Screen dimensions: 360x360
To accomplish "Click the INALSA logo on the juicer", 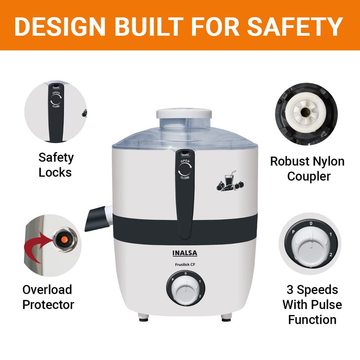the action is pos(185,253).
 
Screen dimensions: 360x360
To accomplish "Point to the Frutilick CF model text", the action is pos(185,264).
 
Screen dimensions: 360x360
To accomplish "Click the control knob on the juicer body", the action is pos(186,288).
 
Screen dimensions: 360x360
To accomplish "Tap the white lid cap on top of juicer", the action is pos(184,113).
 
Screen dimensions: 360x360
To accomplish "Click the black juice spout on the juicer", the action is pos(96,219).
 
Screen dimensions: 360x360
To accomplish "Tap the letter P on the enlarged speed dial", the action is pos(293,232).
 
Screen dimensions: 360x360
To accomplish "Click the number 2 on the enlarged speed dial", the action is pos(331,255).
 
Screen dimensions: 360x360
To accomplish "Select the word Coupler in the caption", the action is pos(309,176).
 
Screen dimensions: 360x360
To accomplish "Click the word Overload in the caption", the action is pos(47,290).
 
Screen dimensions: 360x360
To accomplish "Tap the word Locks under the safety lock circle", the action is pos(55,172).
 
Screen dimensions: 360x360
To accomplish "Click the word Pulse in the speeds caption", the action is pos(327,305).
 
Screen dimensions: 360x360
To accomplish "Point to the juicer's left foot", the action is pos(143,318).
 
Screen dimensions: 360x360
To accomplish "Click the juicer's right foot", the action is pos(226,318).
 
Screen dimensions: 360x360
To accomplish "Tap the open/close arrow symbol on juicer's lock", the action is pos(185,169).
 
